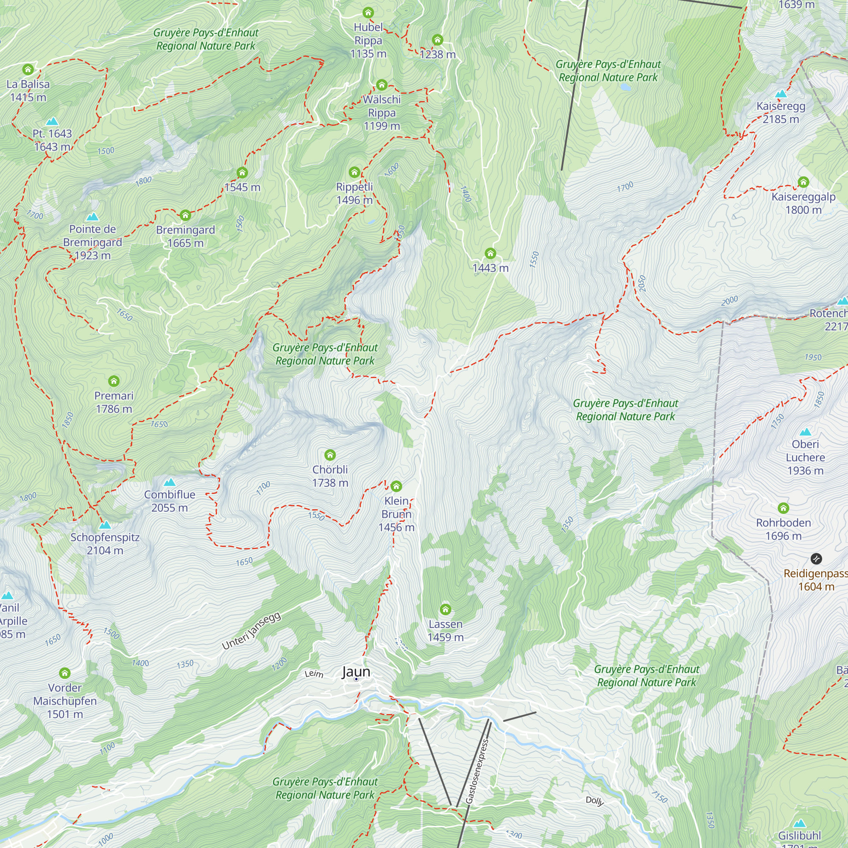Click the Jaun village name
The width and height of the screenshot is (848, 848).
pyautogui.click(x=356, y=672)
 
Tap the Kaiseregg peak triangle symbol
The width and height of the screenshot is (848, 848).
pyautogui.click(x=781, y=93)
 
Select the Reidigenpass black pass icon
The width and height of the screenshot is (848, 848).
pyautogui.click(x=816, y=559)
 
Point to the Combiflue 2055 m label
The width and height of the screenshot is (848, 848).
pyautogui.click(x=170, y=501)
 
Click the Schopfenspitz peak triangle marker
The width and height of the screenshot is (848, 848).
pyautogui.click(x=105, y=525)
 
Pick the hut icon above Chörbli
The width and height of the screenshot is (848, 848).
pyautogui.click(x=330, y=455)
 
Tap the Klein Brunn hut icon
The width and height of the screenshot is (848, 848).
pyautogui.click(x=396, y=486)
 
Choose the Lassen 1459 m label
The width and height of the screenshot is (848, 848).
pyautogui.click(x=446, y=630)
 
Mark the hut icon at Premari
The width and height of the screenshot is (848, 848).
pyautogui.click(x=114, y=381)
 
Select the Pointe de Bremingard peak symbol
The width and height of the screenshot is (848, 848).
pyautogui.click(x=92, y=217)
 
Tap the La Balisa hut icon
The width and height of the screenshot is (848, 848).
pyautogui.click(x=28, y=70)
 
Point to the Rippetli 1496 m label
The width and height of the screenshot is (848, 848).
pyautogui.click(x=354, y=193)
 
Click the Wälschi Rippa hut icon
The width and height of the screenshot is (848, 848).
pyautogui.click(x=382, y=85)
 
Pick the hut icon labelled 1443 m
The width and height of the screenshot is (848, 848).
pyautogui.click(x=490, y=253)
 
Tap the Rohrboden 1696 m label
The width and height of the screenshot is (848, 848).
pyautogui.click(x=784, y=529)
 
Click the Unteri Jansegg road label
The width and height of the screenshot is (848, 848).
pyautogui.click(x=251, y=631)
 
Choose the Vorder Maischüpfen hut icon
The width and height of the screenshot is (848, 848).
pyautogui.click(x=65, y=673)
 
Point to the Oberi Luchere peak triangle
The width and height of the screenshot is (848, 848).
pyautogui.click(x=805, y=432)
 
